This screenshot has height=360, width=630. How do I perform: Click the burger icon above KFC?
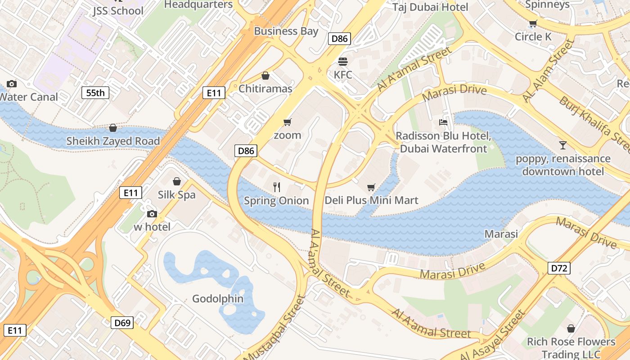[343, 62]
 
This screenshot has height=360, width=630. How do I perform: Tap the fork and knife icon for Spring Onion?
[277, 187]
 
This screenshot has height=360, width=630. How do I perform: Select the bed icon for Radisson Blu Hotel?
[443, 122]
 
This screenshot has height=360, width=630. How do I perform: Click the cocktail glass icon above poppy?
[562, 145]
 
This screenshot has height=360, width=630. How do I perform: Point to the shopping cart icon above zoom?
[287, 122]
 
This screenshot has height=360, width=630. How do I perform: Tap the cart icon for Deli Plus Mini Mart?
[371, 187]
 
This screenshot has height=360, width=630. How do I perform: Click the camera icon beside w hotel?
[152, 214]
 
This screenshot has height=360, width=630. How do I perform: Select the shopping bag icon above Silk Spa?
[177, 181]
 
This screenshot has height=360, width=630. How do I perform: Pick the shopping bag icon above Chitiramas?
[265, 76]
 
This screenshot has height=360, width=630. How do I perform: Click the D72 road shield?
[559, 269]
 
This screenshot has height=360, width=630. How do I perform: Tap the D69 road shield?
[122, 323]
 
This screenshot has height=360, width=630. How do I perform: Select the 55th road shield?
[95, 93]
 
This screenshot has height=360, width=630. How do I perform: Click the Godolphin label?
[218, 299]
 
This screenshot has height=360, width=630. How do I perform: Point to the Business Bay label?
[286, 31]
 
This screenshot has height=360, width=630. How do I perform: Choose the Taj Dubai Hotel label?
[430, 7]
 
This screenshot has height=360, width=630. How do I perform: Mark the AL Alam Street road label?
[549, 71]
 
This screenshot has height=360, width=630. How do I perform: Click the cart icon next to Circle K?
[533, 24]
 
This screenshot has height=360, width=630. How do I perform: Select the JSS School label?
[118, 11]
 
